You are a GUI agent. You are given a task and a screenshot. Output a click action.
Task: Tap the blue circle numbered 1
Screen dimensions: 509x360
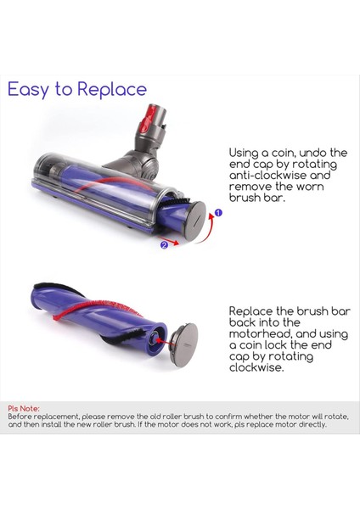click(x=218, y=214)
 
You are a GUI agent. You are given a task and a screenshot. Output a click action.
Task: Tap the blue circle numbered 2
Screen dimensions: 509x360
click(x=163, y=246)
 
